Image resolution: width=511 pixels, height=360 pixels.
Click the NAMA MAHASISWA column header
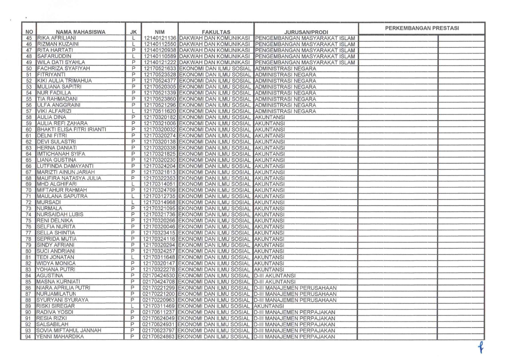(80, 32)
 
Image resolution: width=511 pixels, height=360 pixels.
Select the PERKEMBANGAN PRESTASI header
(422, 28)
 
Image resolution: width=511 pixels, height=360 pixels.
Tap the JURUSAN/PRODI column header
(306, 32)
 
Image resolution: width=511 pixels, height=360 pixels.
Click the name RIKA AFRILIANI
(56, 38)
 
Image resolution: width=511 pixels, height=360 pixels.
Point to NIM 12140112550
(160, 44)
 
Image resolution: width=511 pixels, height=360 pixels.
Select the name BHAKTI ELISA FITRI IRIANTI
(71, 129)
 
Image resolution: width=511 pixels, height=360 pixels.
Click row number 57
(29, 111)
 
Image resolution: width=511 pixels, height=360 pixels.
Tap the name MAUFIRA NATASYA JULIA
(69, 178)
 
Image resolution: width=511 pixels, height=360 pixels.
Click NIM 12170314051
(159, 184)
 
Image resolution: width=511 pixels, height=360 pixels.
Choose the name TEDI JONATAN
(55, 257)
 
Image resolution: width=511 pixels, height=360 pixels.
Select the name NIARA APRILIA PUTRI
(63, 288)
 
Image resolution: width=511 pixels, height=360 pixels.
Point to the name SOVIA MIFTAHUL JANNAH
(68, 330)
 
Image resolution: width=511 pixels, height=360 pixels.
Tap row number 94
(28, 337)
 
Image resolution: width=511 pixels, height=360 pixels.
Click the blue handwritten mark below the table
(481, 347)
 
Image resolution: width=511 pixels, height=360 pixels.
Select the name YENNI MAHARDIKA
(60, 336)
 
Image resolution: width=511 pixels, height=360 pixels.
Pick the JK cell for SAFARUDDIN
(133, 56)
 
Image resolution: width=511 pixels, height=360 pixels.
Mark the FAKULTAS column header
(216, 32)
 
